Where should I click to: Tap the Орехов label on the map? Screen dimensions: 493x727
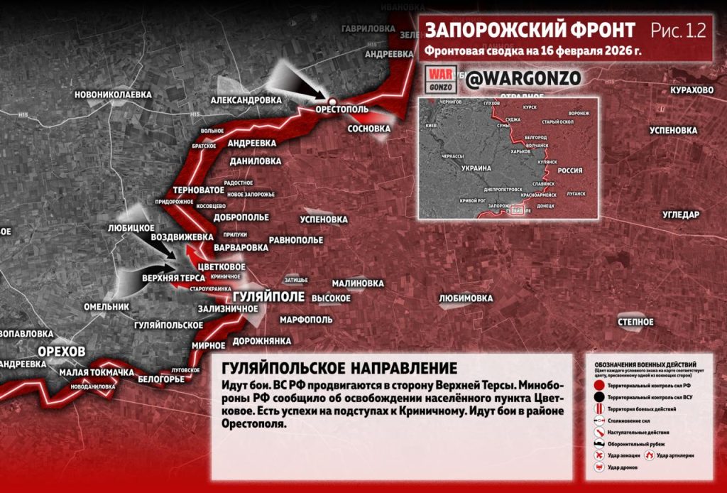[62, 352]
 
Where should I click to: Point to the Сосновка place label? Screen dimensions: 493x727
[369, 129]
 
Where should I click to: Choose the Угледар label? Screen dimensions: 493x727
[681, 214]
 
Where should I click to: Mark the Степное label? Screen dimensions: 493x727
[635, 322]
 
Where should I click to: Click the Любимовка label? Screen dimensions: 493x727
[466, 298]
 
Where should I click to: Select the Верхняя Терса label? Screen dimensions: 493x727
[173, 278]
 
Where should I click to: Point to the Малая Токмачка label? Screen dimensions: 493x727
[97, 372]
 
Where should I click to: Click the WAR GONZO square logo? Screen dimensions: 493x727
[441, 80]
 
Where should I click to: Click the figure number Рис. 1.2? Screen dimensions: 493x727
[678, 31]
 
